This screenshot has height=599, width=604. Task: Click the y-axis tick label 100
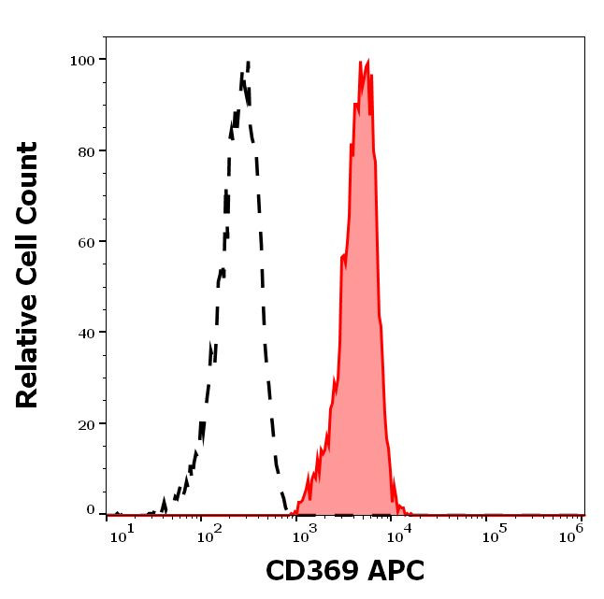(x=82, y=61)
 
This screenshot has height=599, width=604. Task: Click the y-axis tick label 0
(x=91, y=511)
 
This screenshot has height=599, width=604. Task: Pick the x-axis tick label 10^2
(x=207, y=534)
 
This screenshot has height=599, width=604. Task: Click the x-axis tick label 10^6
(x=569, y=534)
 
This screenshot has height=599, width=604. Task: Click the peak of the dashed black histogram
(x=249, y=63)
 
